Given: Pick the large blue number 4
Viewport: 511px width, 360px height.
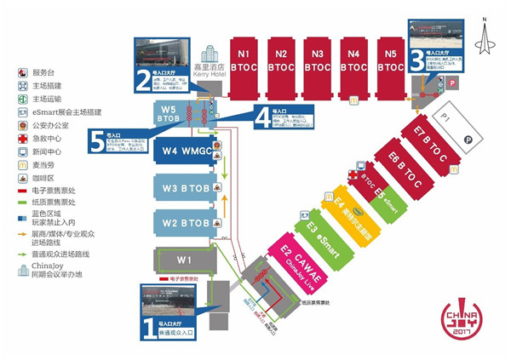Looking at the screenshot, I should (x=261, y=121).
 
